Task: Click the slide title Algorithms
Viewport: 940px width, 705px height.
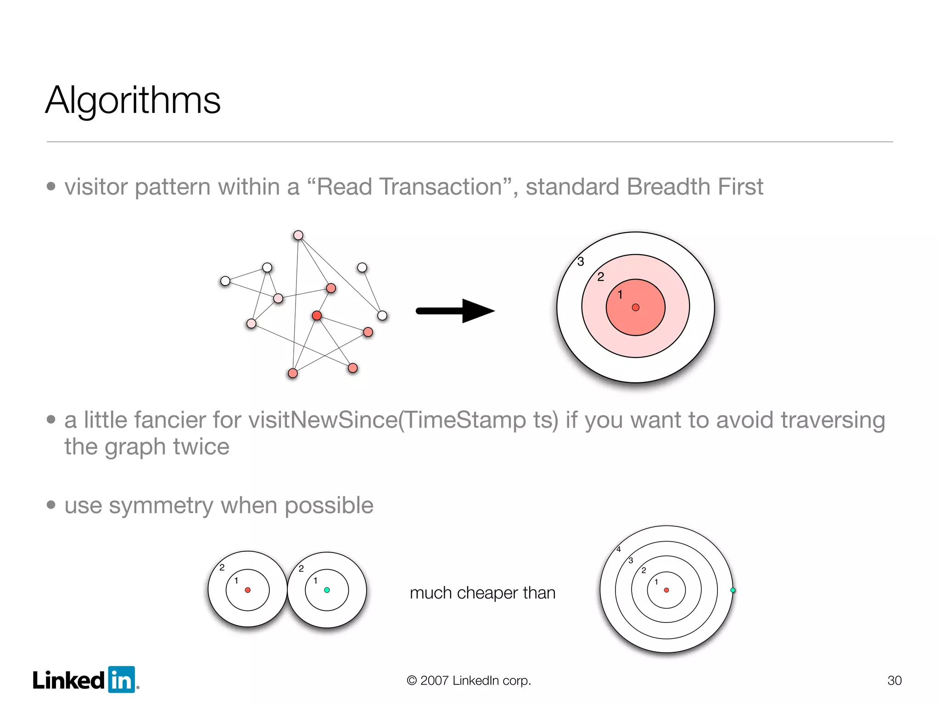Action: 133,100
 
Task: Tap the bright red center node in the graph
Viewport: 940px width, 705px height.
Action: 317,315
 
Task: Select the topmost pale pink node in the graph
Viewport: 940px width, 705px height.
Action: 298,235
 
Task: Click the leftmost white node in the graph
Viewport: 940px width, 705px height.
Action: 225,281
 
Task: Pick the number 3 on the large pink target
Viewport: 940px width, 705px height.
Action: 581,262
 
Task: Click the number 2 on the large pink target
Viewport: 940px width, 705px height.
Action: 600,277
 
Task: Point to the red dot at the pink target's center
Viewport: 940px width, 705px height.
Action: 636,308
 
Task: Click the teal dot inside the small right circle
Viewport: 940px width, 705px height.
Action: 327,590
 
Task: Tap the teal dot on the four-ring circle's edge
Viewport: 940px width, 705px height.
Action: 733,590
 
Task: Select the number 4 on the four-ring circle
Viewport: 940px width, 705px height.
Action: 618,549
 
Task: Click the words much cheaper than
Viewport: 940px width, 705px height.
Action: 482,593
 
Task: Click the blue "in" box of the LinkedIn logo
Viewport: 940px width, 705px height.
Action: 122,679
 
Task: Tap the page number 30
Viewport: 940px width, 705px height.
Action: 894,680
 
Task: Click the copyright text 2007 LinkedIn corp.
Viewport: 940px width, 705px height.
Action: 469,680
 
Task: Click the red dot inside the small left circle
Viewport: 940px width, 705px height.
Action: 248,590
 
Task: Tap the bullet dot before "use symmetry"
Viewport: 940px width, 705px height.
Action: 51,505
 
